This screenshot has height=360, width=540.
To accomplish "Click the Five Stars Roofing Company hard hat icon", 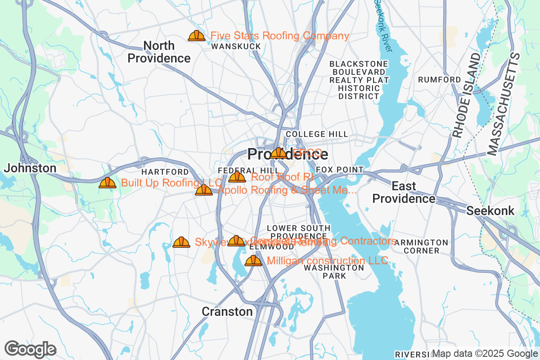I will click(197, 36).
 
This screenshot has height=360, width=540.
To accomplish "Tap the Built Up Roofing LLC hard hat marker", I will click(108, 183).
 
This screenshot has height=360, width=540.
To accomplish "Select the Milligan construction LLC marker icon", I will click(253, 261).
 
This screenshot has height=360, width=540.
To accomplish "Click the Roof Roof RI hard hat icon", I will click(237, 177).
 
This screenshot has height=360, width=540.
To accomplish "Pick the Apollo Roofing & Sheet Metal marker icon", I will click(204, 190).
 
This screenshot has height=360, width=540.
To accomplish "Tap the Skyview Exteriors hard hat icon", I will click(181, 242).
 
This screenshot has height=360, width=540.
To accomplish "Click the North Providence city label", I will click(159, 52).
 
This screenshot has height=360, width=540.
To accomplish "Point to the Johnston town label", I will click(30, 168).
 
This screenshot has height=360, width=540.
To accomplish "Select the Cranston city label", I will click(227, 311).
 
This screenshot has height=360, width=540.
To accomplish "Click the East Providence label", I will click(404, 192).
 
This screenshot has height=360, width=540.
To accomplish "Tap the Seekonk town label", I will click(490, 211).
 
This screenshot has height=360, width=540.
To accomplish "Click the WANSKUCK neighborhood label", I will click(236, 46).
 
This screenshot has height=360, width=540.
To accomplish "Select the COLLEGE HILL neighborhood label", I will click(317, 134).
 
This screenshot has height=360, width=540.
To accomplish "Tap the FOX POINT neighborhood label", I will click(339, 170).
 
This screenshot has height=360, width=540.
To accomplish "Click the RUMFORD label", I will click(439, 80).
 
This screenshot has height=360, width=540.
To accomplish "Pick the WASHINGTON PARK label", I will click(334, 271).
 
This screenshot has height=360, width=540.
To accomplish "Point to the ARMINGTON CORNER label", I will click(421, 246).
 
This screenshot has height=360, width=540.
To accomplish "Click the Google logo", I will click(31, 349).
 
